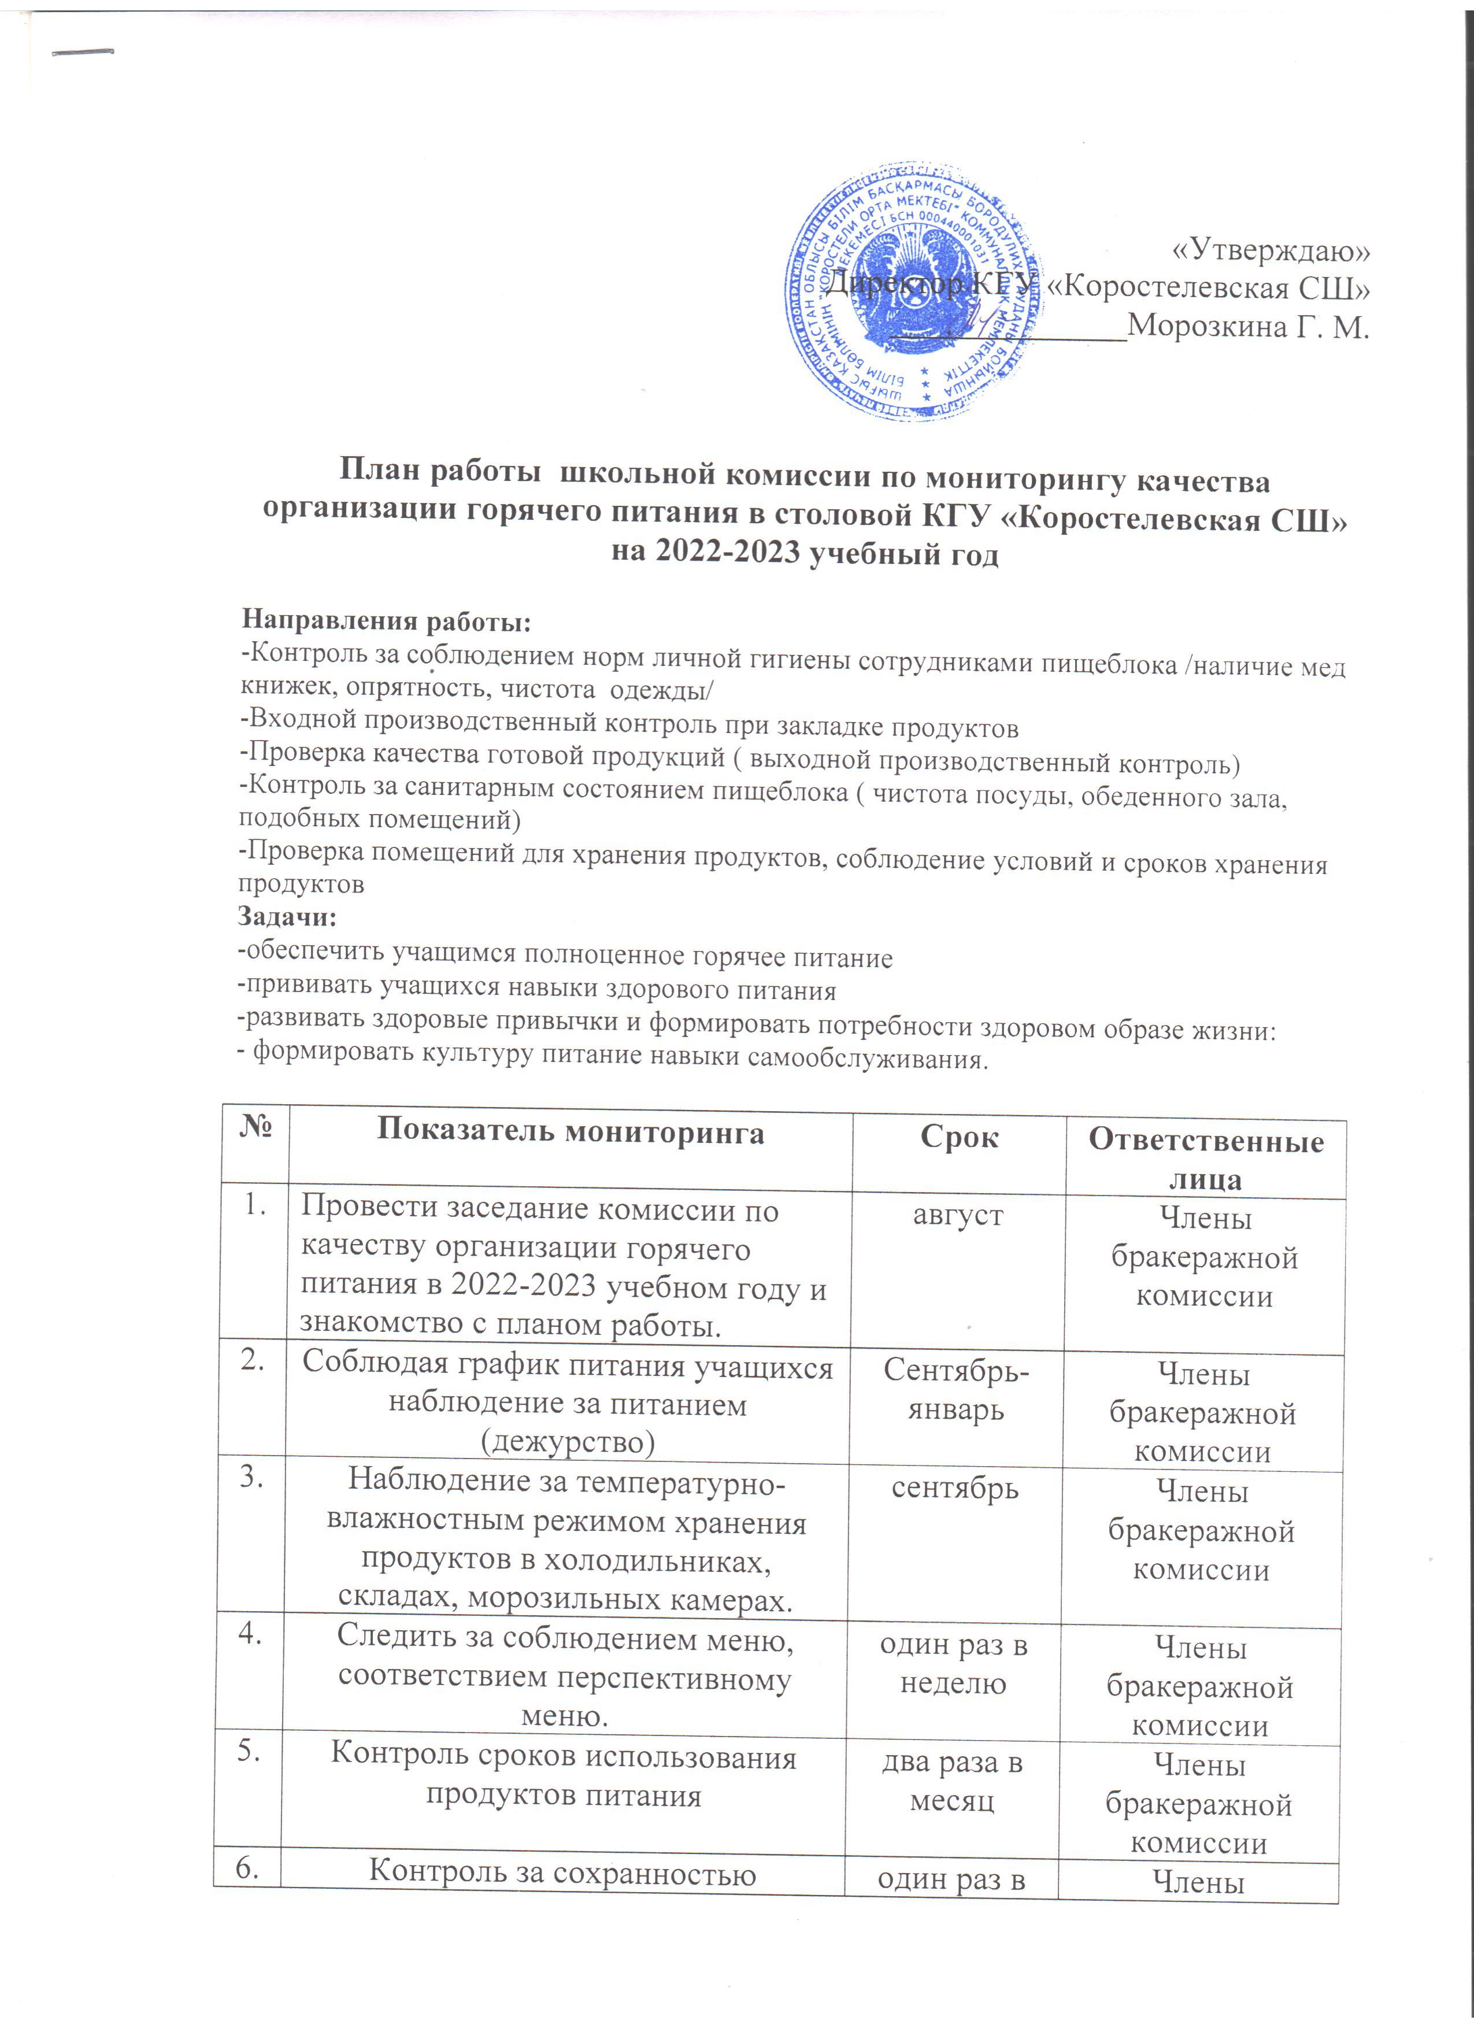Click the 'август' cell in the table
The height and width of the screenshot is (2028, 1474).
[x=957, y=1215]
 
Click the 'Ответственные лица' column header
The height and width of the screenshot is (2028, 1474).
[x=1206, y=1160]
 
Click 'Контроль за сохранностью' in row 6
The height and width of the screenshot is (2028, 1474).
[x=562, y=1871]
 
